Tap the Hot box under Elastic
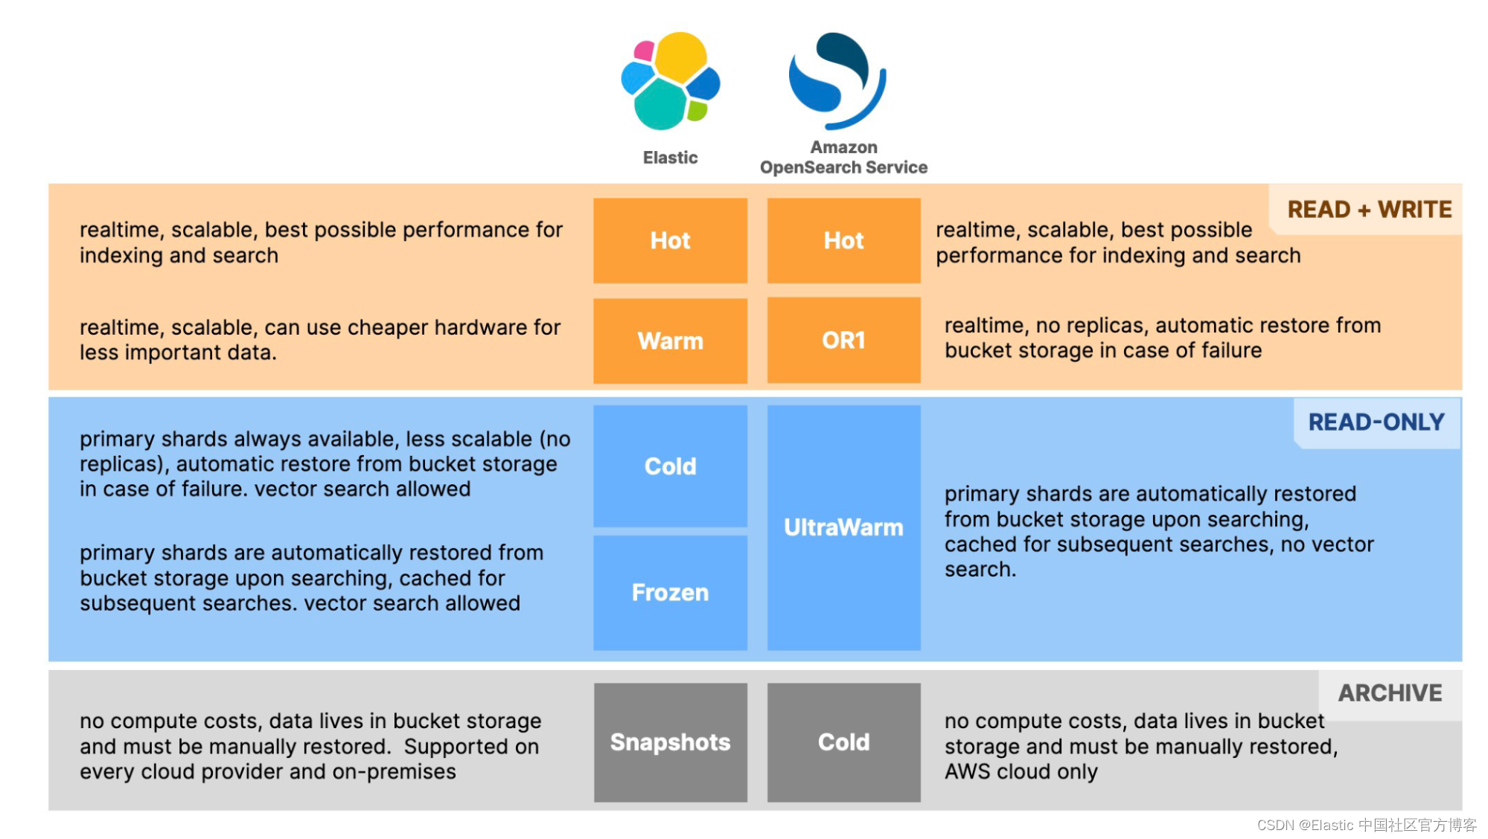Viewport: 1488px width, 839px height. pyautogui.click(x=670, y=240)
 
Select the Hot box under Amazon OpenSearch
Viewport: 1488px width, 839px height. pyautogui.click(x=843, y=240)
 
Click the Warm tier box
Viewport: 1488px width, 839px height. pyautogui.click(x=670, y=341)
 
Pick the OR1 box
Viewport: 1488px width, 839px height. pyautogui.click(x=843, y=340)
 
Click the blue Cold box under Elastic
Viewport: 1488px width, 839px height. pyautogui.click(x=670, y=466)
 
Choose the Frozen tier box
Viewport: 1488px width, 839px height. pyautogui.click(x=670, y=593)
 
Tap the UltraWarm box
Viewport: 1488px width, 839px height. pyautogui.click(x=843, y=527)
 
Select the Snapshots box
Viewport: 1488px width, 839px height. pyautogui.click(x=670, y=742)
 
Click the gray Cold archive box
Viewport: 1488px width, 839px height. pyautogui.click(x=843, y=742)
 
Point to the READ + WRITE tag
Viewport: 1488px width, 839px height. pyautogui.click(x=1369, y=210)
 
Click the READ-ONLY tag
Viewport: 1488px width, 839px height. pyautogui.click(x=1376, y=422)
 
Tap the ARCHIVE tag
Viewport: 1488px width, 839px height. pyautogui.click(x=1389, y=693)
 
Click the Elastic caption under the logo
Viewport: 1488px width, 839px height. pyautogui.click(x=670, y=158)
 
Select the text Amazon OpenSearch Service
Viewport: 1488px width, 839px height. pyautogui.click(x=843, y=158)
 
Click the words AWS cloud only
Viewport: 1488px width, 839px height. pyautogui.click(x=1021, y=772)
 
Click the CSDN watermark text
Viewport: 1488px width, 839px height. pyautogui.click(x=1366, y=825)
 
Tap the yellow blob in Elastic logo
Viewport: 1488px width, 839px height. pyautogui.click(x=680, y=56)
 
